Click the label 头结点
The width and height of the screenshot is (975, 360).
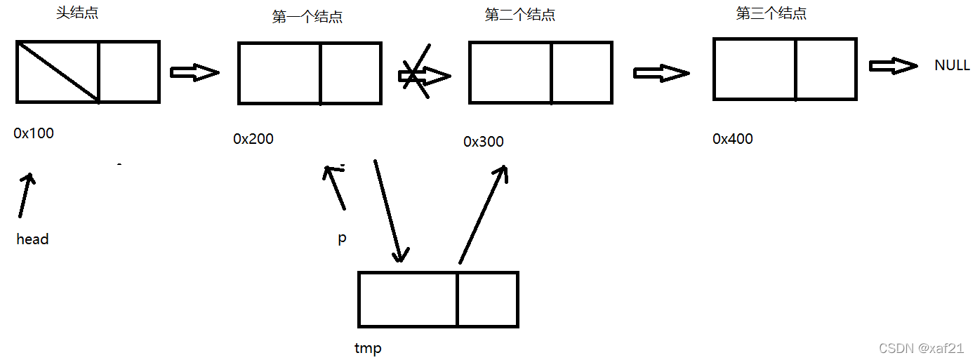coord(77,13)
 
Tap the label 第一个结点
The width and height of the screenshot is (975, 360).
coord(307,18)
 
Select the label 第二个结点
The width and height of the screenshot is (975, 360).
coord(520,15)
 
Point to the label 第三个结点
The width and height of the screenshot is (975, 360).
coord(771,13)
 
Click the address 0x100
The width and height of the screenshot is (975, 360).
coord(34,133)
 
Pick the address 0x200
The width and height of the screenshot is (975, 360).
coord(253,139)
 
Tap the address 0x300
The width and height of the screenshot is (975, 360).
coord(484,142)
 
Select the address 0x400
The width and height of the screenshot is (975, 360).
coord(733,139)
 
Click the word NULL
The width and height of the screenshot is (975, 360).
coord(952,65)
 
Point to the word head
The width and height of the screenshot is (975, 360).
coord(33,239)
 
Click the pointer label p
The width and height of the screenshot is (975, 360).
coord(342,239)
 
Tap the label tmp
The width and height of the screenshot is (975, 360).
coord(368,348)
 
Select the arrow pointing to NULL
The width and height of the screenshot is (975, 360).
coord(893,65)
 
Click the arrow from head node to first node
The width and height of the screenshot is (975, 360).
coord(194,72)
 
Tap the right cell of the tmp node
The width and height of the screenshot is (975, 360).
coord(487,300)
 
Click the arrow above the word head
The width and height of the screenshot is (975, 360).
coord(25,194)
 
